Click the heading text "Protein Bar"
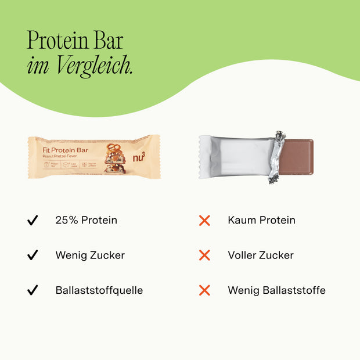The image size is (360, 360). point(75,41)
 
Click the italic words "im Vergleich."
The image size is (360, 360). point(80,66)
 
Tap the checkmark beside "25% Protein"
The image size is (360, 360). point(33,221)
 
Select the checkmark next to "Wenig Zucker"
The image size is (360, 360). point(33,255)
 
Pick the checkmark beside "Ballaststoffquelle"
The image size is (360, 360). point(33,290)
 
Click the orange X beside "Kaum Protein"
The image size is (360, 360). point(204,221)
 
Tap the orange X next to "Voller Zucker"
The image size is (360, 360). point(204,255)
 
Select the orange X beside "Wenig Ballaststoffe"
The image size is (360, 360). point(204,290)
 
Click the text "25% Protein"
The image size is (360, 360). point(87,221)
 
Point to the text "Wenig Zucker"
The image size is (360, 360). point(90,255)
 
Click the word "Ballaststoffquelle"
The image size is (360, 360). point(99,290)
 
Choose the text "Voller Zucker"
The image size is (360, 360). point(261,255)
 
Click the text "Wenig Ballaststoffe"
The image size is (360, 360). point(276,290)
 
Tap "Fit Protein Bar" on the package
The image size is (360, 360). point(65,149)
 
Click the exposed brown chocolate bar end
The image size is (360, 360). point(299,157)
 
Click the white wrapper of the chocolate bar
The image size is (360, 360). point(235,157)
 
